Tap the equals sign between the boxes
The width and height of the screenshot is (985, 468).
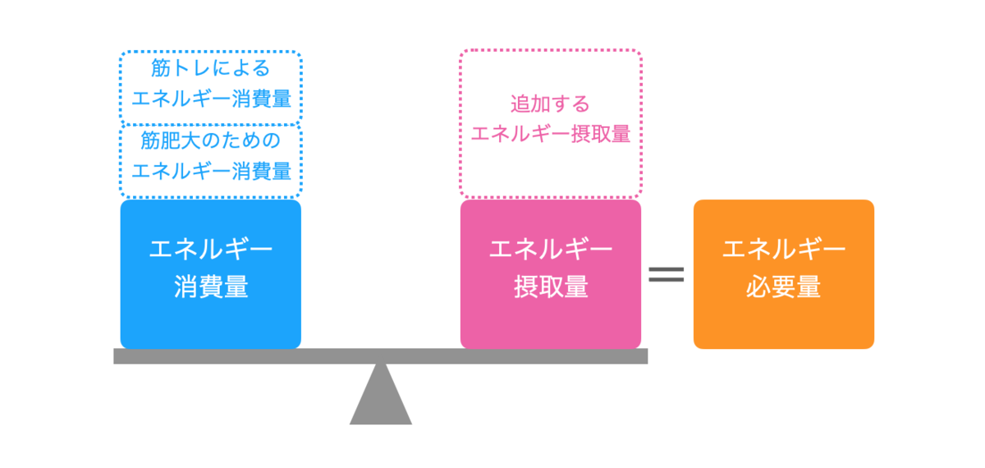point(667,274)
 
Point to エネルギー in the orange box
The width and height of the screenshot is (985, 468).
point(784,249)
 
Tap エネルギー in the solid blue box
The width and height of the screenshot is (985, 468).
point(211,249)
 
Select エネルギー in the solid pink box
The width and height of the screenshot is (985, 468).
point(551,249)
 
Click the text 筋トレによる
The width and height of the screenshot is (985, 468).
point(211,68)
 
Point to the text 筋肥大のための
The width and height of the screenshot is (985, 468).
point(211,141)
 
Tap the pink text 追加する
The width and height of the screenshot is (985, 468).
point(551,104)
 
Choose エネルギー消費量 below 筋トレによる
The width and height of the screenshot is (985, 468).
point(211,99)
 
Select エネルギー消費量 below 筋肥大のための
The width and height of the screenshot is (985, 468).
point(211,172)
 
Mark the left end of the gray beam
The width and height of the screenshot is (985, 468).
point(117,356)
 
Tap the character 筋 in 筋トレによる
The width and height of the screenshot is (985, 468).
point(162,68)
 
